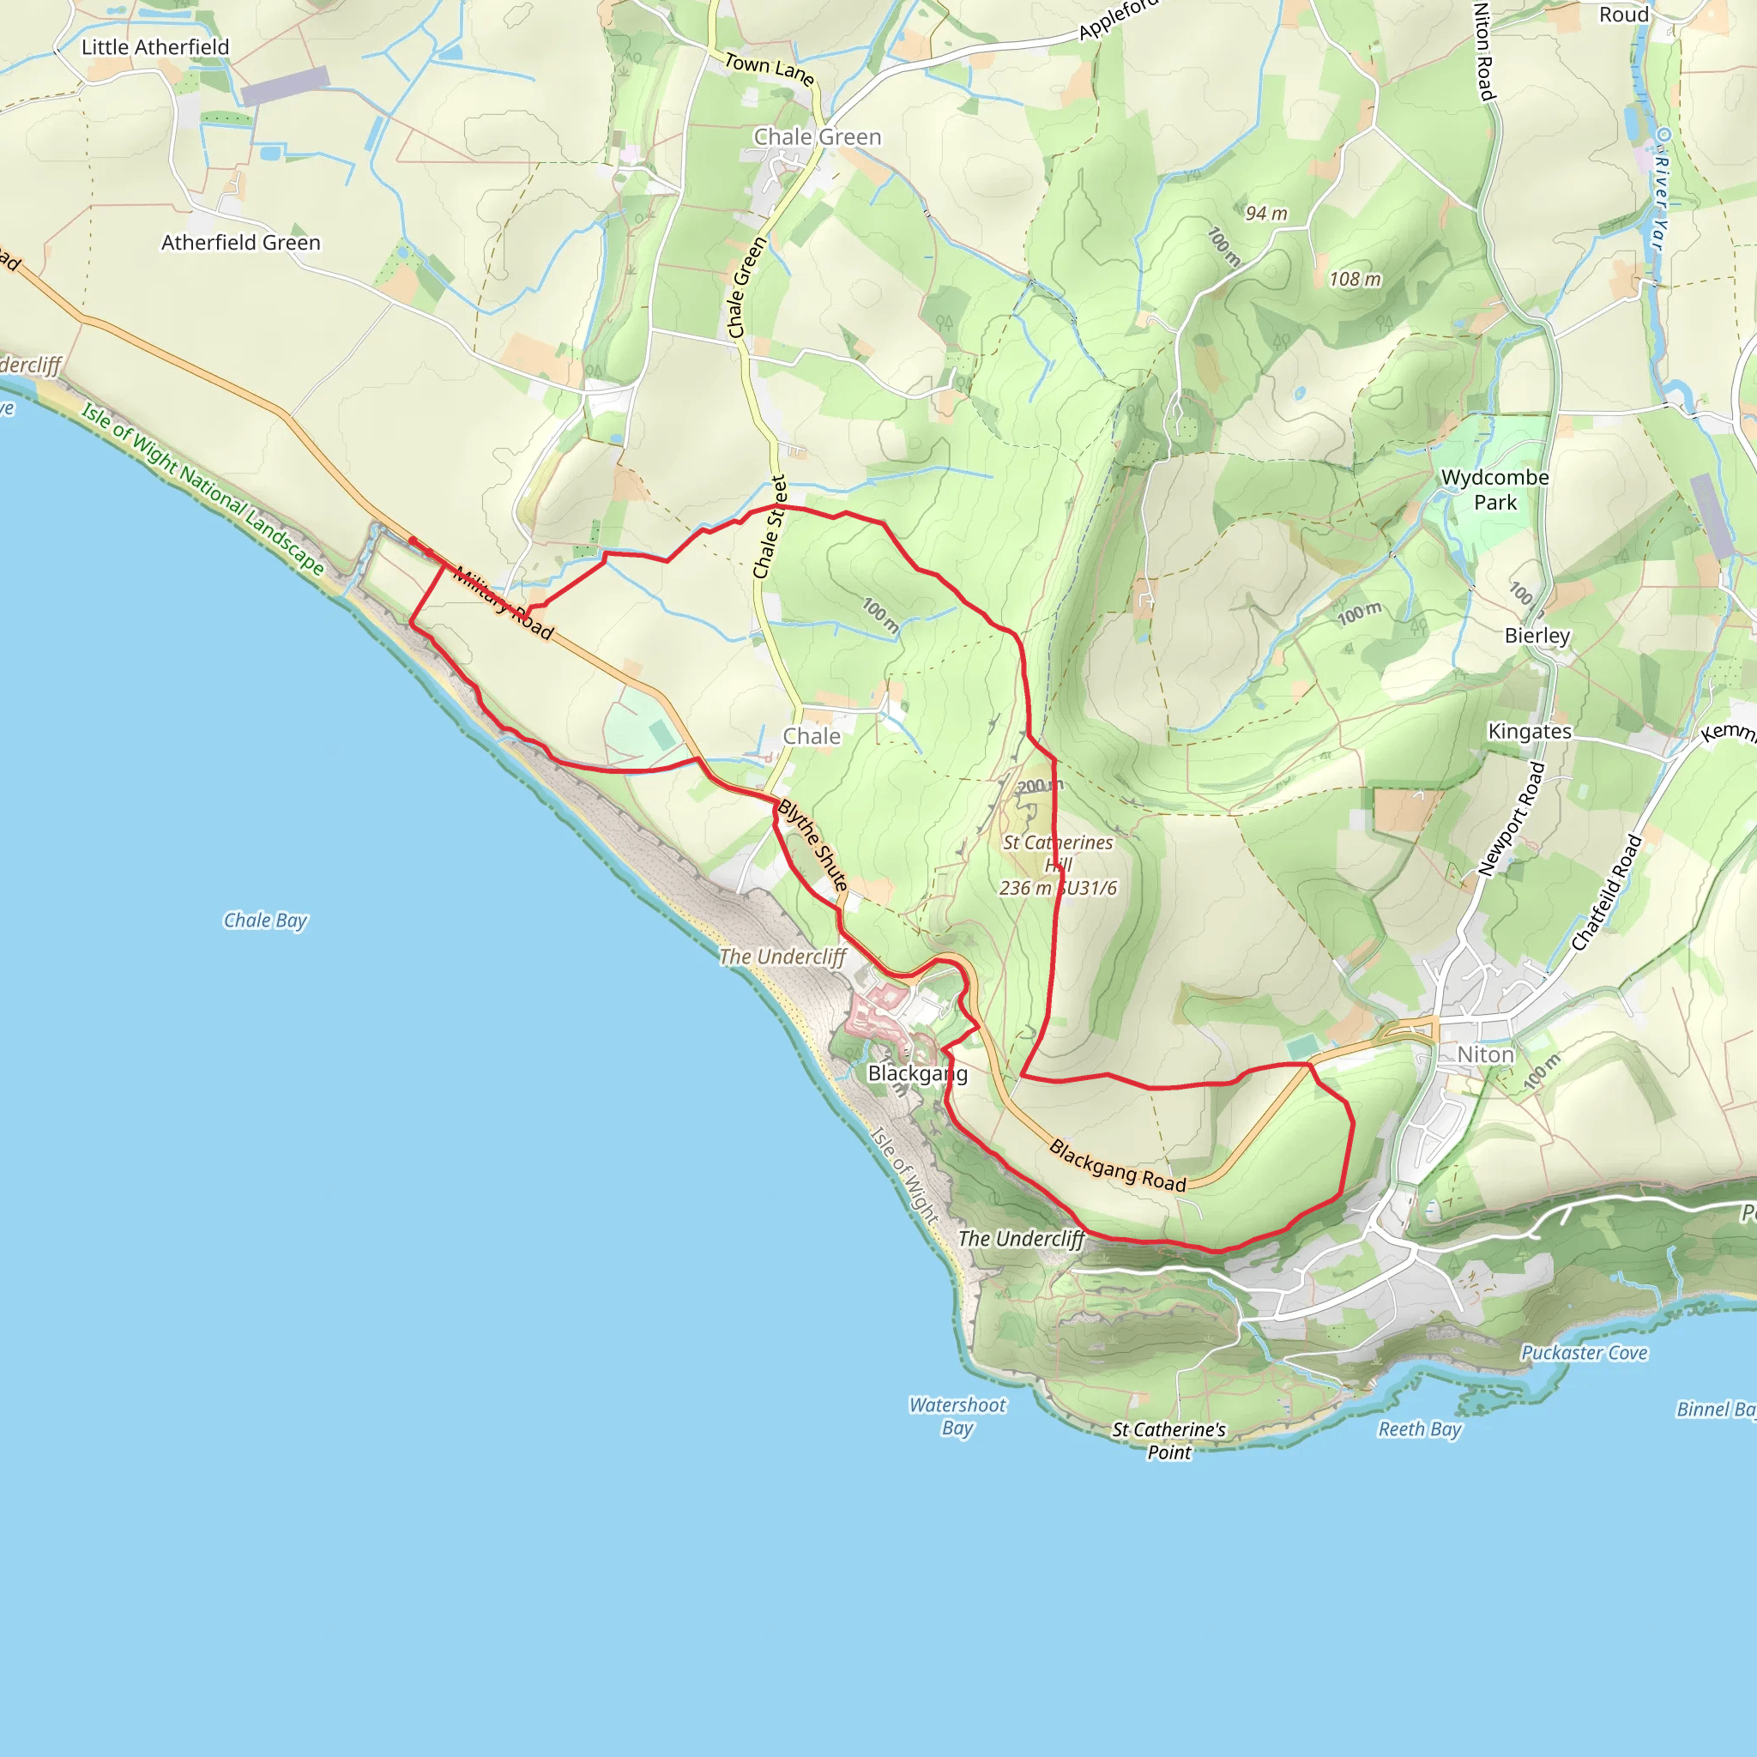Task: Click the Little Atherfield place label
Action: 155,47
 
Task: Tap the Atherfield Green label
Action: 241,243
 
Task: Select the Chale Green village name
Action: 818,137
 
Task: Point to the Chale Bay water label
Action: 266,921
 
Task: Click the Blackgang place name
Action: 918,1073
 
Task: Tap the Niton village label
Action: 1485,1055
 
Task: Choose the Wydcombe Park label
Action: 1495,489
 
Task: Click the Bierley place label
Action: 1537,636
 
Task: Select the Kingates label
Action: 1530,731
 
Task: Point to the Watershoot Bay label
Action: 957,1416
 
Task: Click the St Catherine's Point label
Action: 1168,1440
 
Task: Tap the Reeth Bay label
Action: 1420,1428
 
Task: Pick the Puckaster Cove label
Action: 1585,1352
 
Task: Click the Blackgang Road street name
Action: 1118,1166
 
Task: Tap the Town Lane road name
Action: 769,69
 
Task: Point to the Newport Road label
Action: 1512,819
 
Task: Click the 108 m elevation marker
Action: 1355,279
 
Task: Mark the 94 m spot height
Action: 1266,213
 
